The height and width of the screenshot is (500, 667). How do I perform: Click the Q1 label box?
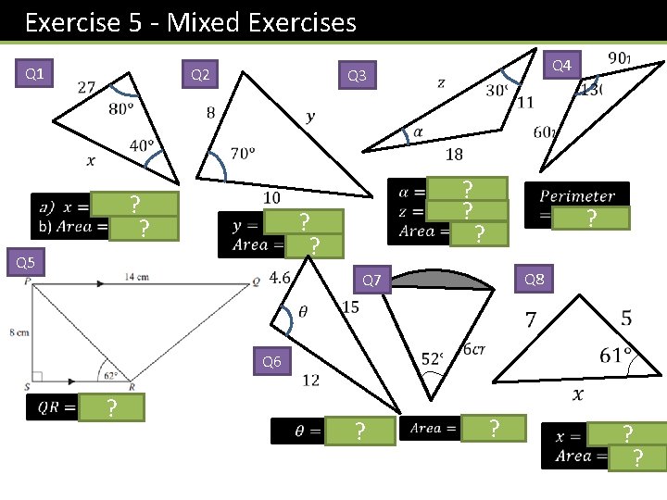click(x=35, y=73)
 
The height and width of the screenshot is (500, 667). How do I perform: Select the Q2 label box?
click(x=200, y=74)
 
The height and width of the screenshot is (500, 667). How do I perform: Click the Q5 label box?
click(x=26, y=264)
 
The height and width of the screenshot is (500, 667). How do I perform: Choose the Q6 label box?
click(x=271, y=362)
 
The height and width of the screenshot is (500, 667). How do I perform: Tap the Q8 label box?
click(x=534, y=279)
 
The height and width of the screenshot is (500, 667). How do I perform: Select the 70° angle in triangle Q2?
click(x=243, y=154)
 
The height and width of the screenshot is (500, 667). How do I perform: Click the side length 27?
click(x=86, y=87)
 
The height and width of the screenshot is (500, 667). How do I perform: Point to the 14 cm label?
click(x=136, y=276)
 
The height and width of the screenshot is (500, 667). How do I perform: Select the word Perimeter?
click(x=577, y=196)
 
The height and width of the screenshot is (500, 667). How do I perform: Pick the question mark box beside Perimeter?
click(x=589, y=219)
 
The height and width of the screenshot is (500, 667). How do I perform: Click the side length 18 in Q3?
click(x=454, y=154)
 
